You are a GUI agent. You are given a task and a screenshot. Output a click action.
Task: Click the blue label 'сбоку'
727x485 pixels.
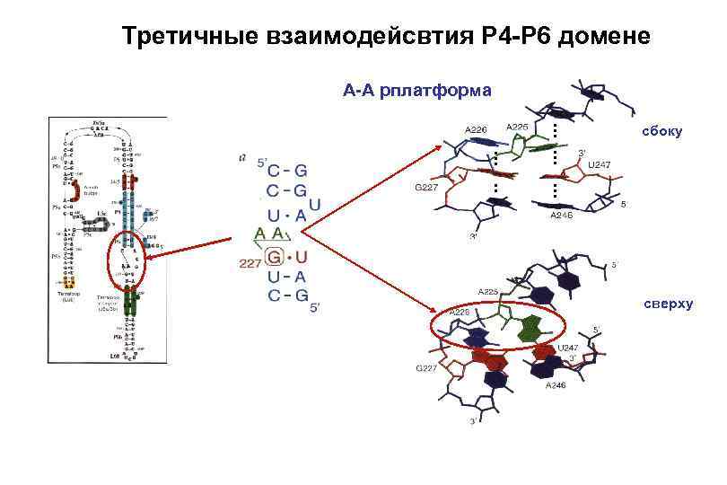tap(661, 132)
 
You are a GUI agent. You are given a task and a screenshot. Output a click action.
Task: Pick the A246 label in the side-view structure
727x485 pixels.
tap(561, 216)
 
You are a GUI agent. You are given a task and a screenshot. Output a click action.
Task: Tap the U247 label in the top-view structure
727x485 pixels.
tap(568, 347)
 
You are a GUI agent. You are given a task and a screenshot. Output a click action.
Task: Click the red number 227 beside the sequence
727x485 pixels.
tap(250, 262)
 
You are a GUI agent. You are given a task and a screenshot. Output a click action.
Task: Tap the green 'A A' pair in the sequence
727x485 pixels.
tap(271, 234)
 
